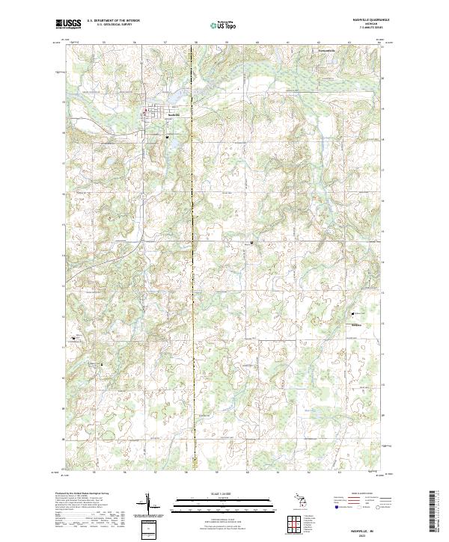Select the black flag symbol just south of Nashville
(168, 137)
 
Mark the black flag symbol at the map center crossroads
(251, 242)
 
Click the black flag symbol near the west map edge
(73, 338)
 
